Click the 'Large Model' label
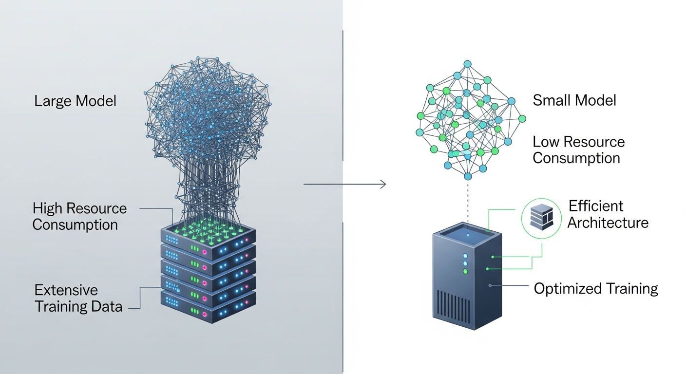[x=75, y=101]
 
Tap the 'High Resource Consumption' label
[x=79, y=217]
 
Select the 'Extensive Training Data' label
[x=78, y=298]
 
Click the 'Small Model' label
[x=574, y=100]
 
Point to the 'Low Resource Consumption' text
[x=578, y=150]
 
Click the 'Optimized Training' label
[x=596, y=288]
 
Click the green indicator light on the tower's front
[x=465, y=271]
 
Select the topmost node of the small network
[x=467, y=64]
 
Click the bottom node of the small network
[x=468, y=176]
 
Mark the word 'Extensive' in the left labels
[x=66, y=290]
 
